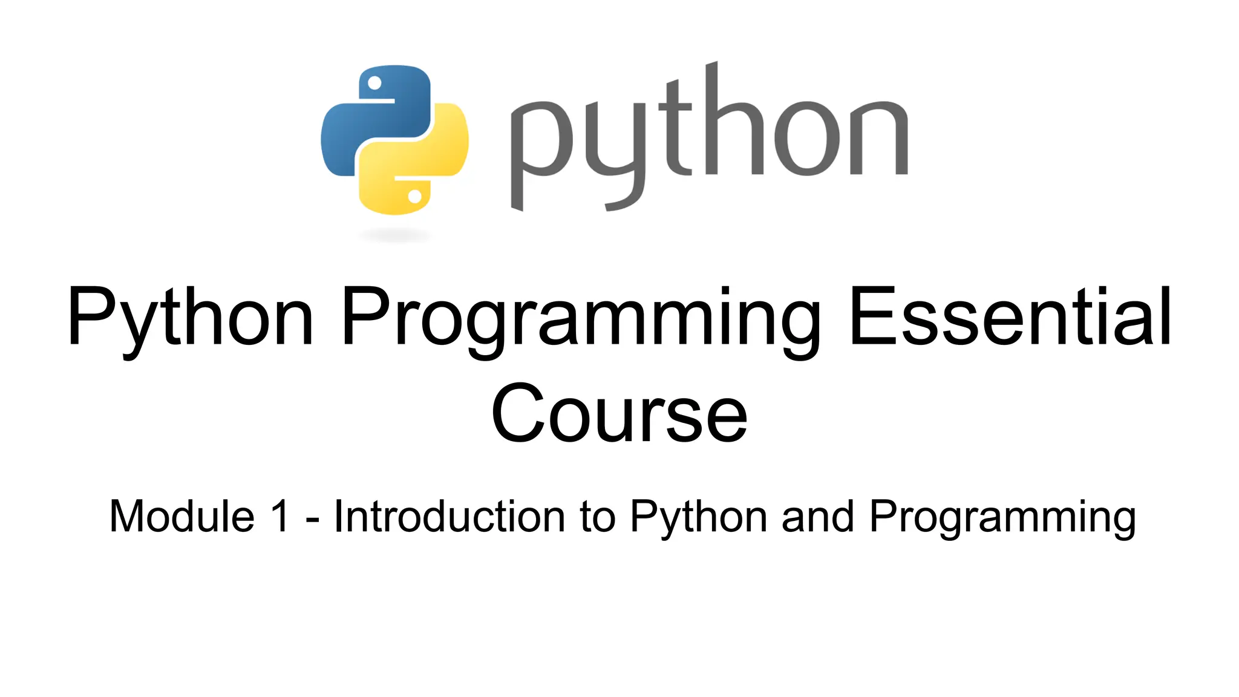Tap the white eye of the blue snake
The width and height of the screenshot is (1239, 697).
[374, 83]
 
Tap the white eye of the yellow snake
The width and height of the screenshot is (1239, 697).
[415, 196]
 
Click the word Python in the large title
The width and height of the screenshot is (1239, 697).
[190, 318]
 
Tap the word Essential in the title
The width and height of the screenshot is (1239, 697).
[1010, 318]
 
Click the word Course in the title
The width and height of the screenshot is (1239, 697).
[619, 414]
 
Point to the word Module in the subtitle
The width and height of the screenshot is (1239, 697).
[181, 517]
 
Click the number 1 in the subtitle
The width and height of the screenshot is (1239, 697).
[280, 517]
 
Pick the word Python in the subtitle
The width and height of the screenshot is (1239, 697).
[698, 518]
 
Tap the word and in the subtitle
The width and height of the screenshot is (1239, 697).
[817, 517]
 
